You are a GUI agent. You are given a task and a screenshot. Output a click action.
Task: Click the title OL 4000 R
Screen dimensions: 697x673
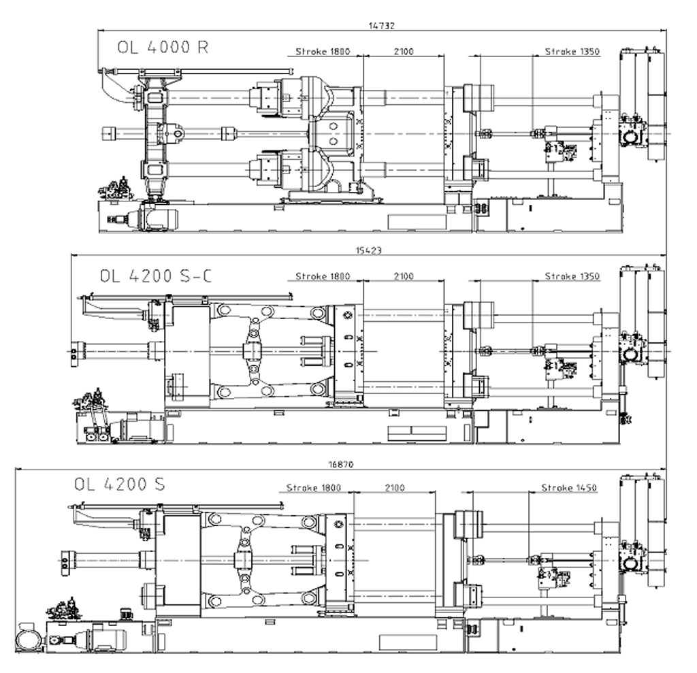pos(163,47)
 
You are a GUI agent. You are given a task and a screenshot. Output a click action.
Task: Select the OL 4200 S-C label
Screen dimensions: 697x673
pos(156,276)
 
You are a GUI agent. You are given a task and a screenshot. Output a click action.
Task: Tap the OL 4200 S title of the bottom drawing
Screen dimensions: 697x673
pos(120,484)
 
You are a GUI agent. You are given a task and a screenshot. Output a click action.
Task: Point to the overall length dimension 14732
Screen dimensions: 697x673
pos(381,26)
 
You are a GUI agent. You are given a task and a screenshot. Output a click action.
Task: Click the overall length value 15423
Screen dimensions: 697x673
pos(368,250)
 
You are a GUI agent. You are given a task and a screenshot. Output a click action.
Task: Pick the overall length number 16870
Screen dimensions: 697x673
pos(341,465)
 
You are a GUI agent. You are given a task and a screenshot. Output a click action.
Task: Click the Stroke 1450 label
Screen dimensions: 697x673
pos(569,488)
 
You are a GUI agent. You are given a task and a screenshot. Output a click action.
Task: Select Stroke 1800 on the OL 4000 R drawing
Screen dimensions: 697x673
pos(323,52)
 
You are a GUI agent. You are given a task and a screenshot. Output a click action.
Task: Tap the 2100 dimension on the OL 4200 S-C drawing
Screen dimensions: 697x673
pos(404,276)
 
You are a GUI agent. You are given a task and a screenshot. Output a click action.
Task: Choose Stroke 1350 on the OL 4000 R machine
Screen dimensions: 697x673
pos(572,52)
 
